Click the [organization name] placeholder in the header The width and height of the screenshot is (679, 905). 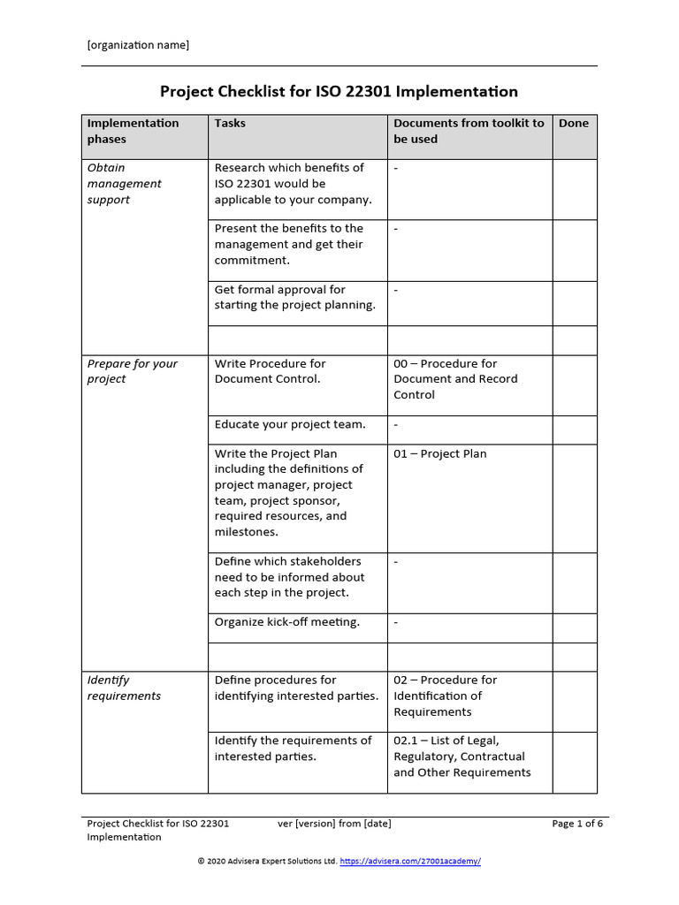click(138, 45)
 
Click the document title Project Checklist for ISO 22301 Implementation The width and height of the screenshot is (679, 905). click(339, 91)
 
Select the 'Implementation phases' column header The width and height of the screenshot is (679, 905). click(133, 131)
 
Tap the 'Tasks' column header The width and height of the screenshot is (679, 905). click(230, 123)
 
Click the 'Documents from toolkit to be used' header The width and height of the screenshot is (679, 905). click(469, 131)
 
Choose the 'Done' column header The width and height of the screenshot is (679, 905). click(573, 123)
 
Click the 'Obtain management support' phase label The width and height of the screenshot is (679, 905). click(124, 184)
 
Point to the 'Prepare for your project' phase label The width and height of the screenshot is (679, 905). click(132, 371)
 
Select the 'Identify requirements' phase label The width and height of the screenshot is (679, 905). click(124, 688)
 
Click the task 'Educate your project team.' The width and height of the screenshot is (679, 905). click(289, 424)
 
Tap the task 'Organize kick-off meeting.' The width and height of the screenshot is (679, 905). click(287, 622)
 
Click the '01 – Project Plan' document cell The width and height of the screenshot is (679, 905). click(439, 453)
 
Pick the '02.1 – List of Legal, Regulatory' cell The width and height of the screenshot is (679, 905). click(462, 757)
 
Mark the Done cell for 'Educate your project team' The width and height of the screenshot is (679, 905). click(575, 429)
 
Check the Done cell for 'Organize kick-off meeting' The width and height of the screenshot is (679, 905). click(575, 627)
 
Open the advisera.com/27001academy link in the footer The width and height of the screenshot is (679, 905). click(410, 861)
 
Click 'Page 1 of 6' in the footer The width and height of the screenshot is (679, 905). click(577, 824)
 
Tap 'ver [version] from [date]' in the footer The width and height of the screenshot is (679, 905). click(334, 824)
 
